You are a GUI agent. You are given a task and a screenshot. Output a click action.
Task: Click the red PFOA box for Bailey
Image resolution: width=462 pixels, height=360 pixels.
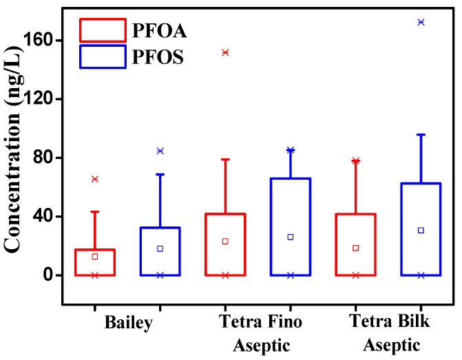click(95, 262)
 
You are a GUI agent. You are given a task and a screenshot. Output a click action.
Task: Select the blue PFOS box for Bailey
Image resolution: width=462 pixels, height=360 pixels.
click(160, 251)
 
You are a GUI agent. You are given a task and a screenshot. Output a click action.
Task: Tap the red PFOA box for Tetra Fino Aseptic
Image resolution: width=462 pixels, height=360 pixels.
click(225, 244)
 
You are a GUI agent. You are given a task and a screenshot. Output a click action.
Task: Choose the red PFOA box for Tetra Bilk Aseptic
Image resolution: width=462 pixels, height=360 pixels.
click(356, 244)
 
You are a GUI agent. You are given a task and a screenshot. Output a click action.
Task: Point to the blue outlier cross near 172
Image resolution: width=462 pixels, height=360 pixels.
click(421, 22)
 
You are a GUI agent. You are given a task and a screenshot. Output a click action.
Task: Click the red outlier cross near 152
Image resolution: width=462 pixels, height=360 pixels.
click(225, 52)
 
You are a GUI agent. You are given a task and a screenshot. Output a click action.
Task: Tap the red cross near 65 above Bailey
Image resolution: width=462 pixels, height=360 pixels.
click(95, 179)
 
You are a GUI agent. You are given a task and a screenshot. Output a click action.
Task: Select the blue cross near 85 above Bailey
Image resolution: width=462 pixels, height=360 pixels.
click(160, 151)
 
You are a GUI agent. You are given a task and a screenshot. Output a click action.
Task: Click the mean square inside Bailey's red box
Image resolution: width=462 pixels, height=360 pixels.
click(95, 257)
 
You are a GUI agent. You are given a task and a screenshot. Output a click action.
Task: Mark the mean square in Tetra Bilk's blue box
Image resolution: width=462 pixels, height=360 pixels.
click(421, 230)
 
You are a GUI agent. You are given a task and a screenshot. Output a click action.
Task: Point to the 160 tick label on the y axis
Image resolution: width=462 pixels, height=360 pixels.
click(43, 41)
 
